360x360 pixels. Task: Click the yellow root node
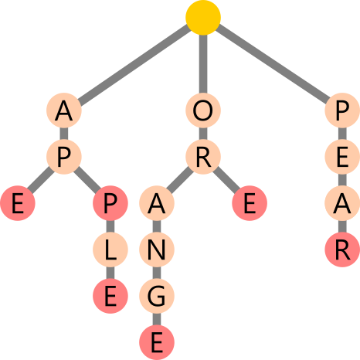click(203, 18)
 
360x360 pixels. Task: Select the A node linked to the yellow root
click(64, 110)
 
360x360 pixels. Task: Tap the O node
click(203, 110)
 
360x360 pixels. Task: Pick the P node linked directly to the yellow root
click(342, 110)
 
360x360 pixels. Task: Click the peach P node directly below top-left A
click(64, 157)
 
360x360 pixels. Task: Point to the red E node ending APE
click(18, 203)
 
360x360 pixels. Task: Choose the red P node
click(110, 203)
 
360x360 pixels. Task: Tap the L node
click(110, 250)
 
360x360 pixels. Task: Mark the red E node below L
click(110, 296)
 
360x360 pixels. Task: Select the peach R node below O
click(203, 157)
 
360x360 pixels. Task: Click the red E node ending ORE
click(250, 203)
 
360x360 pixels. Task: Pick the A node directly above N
click(157, 203)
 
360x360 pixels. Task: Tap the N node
click(157, 250)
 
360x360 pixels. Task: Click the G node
click(157, 296)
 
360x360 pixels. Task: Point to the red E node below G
click(157, 342)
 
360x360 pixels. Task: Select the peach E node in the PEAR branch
click(342, 157)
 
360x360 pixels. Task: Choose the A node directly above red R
click(342, 203)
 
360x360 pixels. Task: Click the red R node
click(342, 250)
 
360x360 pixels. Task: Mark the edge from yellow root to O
click(203, 64)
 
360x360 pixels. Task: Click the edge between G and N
click(157, 273)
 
